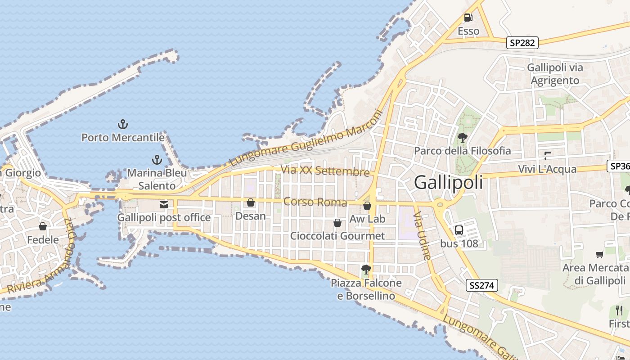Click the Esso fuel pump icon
pyautogui.click(x=468, y=18)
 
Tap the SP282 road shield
pyautogui.click(x=522, y=43)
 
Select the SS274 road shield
pyautogui.click(x=481, y=285)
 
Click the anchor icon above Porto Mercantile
pyautogui.click(x=122, y=124)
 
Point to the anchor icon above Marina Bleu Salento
pyautogui.click(x=157, y=160)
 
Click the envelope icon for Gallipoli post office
pyautogui.click(x=163, y=205)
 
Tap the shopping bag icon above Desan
pyautogui.click(x=251, y=203)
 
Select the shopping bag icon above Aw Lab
pyautogui.click(x=367, y=206)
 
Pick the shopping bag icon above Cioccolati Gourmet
pyautogui.click(x=337, y=223)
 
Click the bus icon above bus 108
pyautogui.click(x=459, y=230)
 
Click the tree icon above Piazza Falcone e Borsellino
pyautogui.click(x=366, y=270)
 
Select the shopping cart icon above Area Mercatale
pyautogui.click(x=599, y=255)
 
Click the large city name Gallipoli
pyautogui.click(x=448, y=182)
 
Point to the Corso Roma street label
pyautogui.click(x=315, y=202)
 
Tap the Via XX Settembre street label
pyautogui.click(x=325, y=171)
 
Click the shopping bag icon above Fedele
pyautogui.click(x=43, y=226)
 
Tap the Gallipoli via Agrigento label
pyautogui.click(x=555, y=74)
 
